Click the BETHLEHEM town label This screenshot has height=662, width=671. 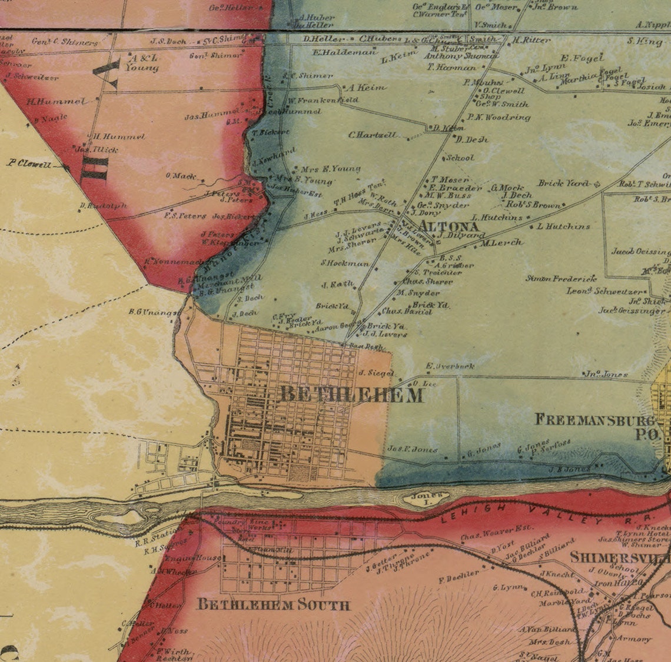(351, 395)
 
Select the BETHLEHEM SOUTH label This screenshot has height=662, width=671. (273, 604)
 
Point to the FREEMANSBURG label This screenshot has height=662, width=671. (594, 420)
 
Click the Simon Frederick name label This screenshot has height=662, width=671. (561, 279)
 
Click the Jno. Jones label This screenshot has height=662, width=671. (606, 374)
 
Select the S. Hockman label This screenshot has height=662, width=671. (344, 263)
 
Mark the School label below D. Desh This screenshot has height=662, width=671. (460, 158)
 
